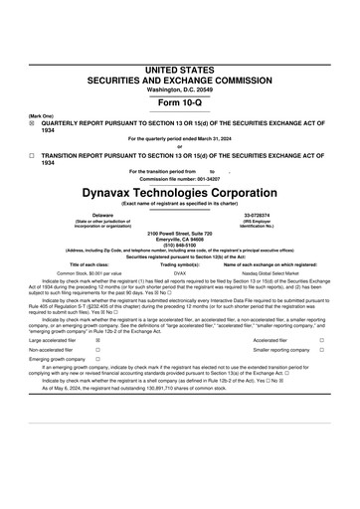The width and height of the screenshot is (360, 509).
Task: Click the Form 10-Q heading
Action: click(x=179, y=102)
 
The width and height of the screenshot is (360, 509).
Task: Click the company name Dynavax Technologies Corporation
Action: click(x=180, y=187)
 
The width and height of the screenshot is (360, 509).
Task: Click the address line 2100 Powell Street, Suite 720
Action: click(x=179, y=232)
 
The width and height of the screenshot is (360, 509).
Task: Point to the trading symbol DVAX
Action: click(x=179, y=271)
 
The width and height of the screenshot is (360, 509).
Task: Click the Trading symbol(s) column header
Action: click(x=179, y=263)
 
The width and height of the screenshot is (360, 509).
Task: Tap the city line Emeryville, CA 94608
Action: click(x=179, y=238)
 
